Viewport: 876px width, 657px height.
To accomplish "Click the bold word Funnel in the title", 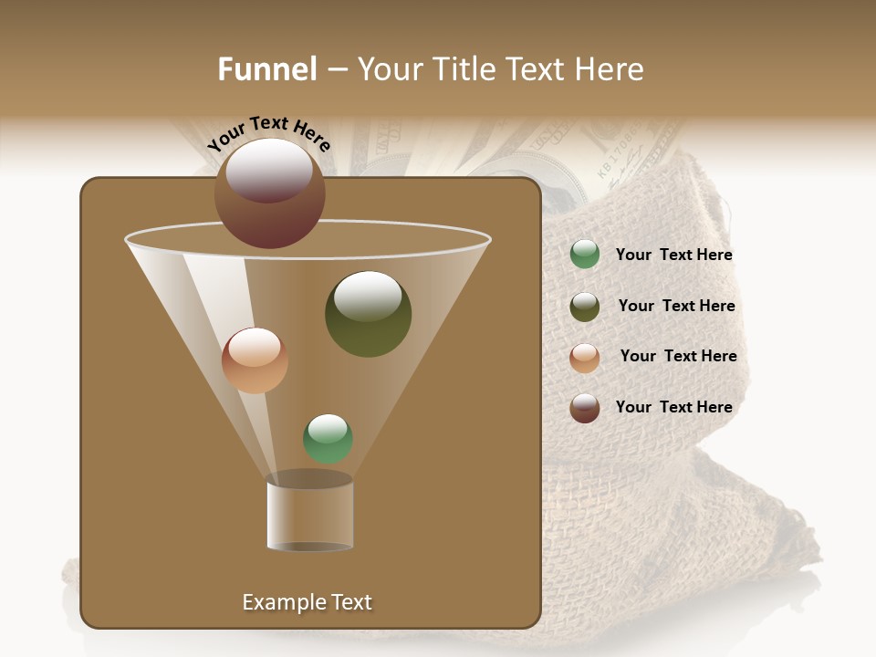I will pyautogui.click(x=267, y=69).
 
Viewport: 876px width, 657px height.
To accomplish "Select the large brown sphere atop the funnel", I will pyautogui.click(x=269, y=193).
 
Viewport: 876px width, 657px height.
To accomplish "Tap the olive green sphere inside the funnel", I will pyautogui.click(x=368, y=314).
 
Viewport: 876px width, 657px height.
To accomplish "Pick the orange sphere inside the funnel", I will pyautogui.click(x=255, y=360).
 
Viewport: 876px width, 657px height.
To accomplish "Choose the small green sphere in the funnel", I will pyautogui.click(x=328, y=438).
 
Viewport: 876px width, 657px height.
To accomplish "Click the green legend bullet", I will pyautogui.click(x=585, y=255).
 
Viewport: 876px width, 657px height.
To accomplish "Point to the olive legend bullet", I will pyautogui.click(x=585, y=307).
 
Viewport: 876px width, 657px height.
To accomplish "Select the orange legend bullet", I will pyautogui.click(x=585, y=358).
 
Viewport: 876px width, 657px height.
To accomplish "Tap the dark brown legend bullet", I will pyautogui.click(x=585, y=408).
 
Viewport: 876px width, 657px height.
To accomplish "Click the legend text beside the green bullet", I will pyautogui.click(x=673, y=255).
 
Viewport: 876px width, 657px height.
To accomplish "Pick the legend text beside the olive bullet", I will pyautogui.click(x=676, y=307).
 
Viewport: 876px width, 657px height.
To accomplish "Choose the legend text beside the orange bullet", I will pyautogui.click(x=678, y=357).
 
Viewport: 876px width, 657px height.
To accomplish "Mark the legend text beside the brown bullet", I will pyautogui.click(x=673, y=408).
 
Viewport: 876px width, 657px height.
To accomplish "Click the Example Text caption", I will pyautogui.click(x=307, y=602).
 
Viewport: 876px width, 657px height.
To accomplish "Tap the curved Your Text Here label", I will pyautogui.click(x=268, y=133).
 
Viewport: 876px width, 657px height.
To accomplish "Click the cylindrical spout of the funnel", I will pyautogui.click(x=309, y=514).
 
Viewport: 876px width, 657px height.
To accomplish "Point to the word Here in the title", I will pyautogui.click(x=610, y=69).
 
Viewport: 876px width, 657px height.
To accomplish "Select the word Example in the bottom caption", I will pyautogui.click(x=277, y=602).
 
